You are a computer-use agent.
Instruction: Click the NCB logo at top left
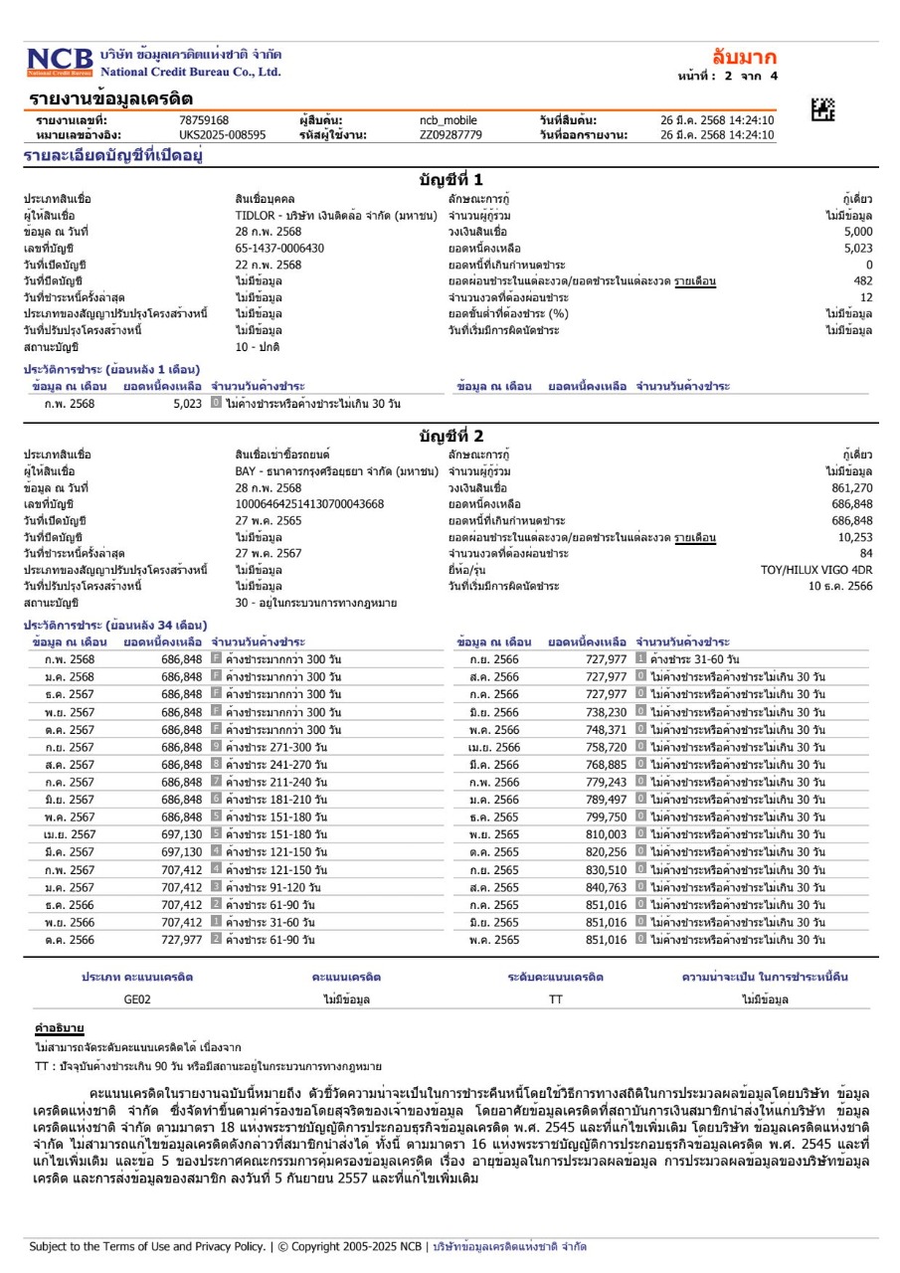(60, 61)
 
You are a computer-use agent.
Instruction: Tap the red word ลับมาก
(745, 57)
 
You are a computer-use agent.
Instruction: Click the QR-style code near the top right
(822, 110)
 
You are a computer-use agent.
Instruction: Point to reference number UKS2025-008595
(222, 134)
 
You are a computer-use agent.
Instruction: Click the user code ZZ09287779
(450, 134)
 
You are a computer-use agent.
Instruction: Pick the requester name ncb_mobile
(449, 120)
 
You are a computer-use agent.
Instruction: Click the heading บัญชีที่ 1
(450, 180)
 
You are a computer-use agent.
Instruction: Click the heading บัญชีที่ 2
(450, 437)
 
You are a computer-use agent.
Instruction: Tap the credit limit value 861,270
(851, 488)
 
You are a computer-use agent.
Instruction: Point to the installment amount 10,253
(855, 537)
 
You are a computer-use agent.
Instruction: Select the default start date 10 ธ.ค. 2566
(840, 586)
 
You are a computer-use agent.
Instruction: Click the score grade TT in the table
(555, 1000)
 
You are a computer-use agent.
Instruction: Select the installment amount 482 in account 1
(863, 280)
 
